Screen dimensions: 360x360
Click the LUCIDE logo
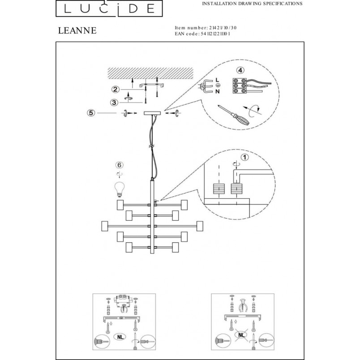click(x=109, y=9)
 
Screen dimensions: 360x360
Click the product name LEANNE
click(x=77, y=30)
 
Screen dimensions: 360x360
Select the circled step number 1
click(x=245, y=157)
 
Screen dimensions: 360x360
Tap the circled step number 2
click(x=115, y=89)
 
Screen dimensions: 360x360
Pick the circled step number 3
click(x=114, y=103)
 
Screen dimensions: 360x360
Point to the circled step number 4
click(x=240, y=70)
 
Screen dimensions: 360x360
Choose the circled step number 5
click(x=91, y=113)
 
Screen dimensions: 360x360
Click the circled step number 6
click(x=120, y=165)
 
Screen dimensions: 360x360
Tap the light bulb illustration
click(x=120, y=189)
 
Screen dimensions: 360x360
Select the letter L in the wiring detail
click(x=218, y=80)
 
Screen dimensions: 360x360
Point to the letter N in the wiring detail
click(x=218, y=92)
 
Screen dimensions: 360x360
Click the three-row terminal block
click(x=240, y=86)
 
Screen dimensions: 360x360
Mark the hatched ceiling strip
click(x=150, y=73)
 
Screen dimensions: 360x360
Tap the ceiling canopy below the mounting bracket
click(x=153, y=113)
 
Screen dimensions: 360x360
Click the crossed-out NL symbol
click(x=241, y=335)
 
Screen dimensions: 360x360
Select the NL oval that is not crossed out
click(x=120, y=337)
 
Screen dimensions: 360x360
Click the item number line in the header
click(x=206, y=28)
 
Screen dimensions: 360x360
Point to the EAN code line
click(x=202, y=34)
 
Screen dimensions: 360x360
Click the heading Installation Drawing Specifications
click(x=252, y=4)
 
